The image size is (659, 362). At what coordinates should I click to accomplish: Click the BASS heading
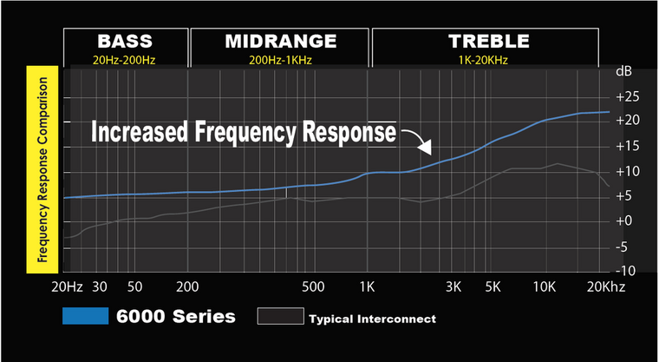[125, 41]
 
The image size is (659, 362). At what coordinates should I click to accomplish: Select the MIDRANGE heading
[280, 41]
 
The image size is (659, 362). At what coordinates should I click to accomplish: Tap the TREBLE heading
[488, 41]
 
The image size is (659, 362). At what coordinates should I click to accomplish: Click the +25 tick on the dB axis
[627, 95]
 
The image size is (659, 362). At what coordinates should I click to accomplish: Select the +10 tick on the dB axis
[627, 171]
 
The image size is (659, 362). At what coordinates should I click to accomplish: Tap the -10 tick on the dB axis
[629, 271]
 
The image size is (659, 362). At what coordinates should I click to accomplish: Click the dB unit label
[624, 70]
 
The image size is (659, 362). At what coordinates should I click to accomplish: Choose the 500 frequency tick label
[313, 286]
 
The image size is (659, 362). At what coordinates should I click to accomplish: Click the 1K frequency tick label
[367, 286]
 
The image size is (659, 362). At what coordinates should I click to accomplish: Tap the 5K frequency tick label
[493, 286]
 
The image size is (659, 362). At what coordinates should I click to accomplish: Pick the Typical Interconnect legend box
[280, 317]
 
